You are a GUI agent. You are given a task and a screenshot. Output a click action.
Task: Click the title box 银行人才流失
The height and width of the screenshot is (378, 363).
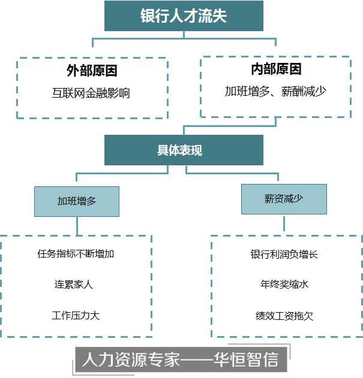(184, 16)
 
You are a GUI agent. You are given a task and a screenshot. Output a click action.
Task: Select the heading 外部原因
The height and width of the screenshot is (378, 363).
(92, 71)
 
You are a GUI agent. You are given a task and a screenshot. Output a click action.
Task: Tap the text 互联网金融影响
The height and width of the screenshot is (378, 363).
(91, 93)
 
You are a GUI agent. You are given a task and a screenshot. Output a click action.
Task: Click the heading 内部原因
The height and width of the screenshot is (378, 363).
(276, 69)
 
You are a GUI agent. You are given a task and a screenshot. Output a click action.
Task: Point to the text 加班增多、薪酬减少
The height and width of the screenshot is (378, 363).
(275, 91)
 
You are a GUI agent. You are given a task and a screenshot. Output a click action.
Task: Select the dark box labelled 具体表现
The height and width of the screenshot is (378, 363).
(184, 150)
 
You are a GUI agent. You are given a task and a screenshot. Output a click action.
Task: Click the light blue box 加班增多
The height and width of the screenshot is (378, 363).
(77, 201)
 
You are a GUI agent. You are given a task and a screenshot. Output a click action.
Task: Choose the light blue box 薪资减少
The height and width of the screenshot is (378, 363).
(284, 199)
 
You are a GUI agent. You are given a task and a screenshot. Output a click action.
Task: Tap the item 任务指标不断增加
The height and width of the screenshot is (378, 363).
(76, 253)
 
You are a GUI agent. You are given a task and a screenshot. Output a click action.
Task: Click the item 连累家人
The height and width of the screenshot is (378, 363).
(74, 285)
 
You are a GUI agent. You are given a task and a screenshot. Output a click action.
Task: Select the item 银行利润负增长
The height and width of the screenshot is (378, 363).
(284, 254)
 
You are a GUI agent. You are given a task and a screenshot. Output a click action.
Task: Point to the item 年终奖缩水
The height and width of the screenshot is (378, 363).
(284, 285)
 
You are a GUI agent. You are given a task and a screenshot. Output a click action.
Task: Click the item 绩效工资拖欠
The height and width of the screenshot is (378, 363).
(284, 315)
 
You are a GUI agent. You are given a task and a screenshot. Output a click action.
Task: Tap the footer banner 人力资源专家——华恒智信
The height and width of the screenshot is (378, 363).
(180, 360)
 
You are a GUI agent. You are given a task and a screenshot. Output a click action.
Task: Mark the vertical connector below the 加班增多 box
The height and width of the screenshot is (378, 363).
(77, 225)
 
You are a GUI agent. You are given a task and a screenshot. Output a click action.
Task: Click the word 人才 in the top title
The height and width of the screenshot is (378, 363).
(184, 16)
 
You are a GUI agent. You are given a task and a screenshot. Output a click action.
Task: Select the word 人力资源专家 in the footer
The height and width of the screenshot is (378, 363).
(130, 360)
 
